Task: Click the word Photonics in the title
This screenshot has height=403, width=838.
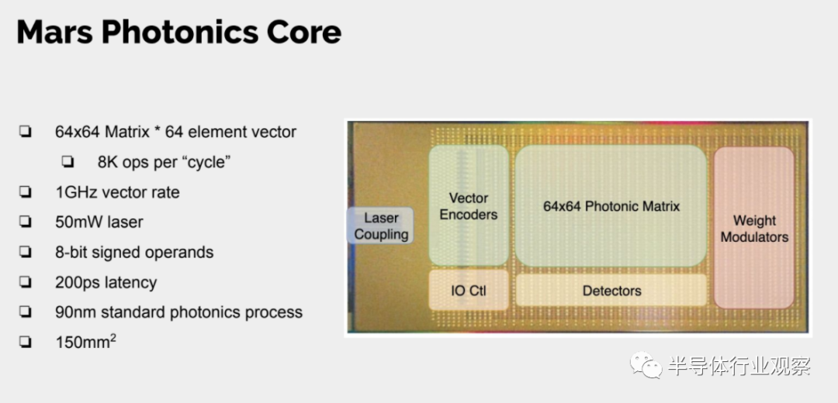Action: pyautogui.click(x=176, y=33)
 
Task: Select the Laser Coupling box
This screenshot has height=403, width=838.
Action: pyautogui.click(x=380, y=226)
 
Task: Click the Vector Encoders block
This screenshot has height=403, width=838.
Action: pyautogui.click(x=469, y=206)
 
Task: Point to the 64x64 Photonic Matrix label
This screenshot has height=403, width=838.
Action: pyautogui.click(x=611, y=206)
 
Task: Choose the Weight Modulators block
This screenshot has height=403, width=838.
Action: pyautogui.click(x=754, y=228)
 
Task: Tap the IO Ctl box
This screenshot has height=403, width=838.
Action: pyautogui.click(x=469, y=290)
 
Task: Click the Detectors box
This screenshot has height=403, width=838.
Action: pyautogui.click(x=611, y=291)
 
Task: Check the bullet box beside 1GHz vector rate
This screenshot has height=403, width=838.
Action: pyautogui.click(x=25, y=192)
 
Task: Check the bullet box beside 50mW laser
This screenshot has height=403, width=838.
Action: pyautogui.click(x=25, y=222)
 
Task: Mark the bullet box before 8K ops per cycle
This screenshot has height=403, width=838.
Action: pyautogui.click(x=68, y=162)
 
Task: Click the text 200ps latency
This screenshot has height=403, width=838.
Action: pyautogui.click(x=106, y=283)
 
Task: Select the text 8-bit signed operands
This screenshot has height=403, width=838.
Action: pyautogui.click(x=134, y=253)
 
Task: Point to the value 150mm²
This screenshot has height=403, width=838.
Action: pyautogui.click(x=85, y=342)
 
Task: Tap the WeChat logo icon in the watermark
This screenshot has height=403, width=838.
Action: pyautogui.click(x=646, y=365)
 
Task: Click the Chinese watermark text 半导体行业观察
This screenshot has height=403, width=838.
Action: pyautogui.click(x=739, y=366)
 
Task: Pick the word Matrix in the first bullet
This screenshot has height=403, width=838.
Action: pyautogui.click(x=126, y=132)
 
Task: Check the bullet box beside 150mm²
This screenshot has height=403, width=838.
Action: pyautogui.click(x=25, y=342)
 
